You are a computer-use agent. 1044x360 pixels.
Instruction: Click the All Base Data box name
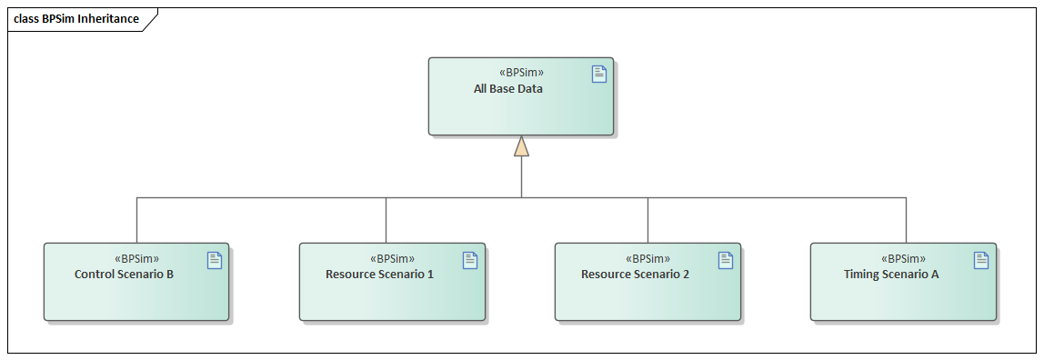pos(508,89)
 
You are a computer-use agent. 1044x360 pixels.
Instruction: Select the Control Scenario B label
pos(124,274)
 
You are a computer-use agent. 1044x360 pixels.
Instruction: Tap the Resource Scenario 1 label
pos(379,274)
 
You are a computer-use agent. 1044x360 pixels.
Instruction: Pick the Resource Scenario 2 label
pos(635,274)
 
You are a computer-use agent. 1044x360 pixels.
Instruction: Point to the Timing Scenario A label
pos(891,274)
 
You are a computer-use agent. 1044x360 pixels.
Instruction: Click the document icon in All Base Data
pos(599,75)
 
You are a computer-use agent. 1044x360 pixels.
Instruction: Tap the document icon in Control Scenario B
pos(215,260)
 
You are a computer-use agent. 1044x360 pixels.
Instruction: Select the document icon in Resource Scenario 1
pos(470,260)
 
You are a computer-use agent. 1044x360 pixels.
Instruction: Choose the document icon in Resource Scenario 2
pos(726,260)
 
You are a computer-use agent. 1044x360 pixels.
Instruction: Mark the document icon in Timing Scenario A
pos(981,260)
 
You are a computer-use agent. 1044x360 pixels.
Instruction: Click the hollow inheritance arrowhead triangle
pos(521,146)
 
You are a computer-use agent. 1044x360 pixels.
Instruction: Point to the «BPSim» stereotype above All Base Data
pos(522,73)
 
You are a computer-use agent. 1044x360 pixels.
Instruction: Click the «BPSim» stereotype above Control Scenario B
pos(137,258)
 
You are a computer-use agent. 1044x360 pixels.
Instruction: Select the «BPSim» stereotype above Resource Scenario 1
pos(393,258)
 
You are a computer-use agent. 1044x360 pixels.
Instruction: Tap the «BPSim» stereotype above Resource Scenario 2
pos(648,258)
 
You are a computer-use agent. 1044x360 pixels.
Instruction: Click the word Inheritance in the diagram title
pos(108,19)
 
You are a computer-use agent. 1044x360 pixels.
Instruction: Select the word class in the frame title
pos(25,19)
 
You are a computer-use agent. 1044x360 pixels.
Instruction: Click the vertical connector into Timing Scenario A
pos(906,220)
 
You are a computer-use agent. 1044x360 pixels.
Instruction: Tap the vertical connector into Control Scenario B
pos(136,220)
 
